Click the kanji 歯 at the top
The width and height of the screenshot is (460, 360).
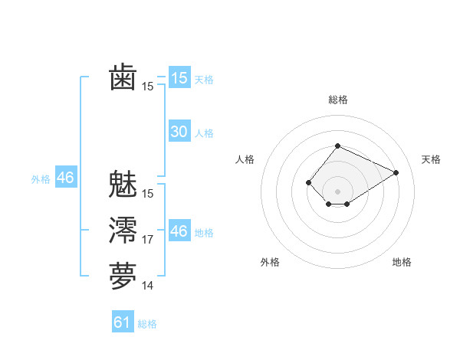(123, 78)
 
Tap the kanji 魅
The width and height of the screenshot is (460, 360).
(123, 185)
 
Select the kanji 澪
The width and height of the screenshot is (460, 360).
(123, 231)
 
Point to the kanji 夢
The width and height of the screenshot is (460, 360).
(123, 277)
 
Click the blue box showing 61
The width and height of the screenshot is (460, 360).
(122, 322)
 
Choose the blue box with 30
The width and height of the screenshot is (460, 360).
(179, 132)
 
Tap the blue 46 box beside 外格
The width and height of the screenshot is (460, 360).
(65, 178)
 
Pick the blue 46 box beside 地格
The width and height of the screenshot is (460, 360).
(179, 231)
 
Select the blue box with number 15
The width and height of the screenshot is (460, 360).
(179, 77)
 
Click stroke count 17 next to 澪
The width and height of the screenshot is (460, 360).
(148, 240)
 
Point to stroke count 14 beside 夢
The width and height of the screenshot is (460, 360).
(148, 286)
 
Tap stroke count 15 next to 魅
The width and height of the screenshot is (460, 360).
(148, 194)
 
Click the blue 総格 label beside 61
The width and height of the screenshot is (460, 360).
(147, 324)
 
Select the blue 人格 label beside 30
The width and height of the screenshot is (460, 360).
(204, 133)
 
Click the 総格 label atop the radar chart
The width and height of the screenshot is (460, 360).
(337, 100)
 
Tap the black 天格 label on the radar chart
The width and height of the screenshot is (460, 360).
(431, 159)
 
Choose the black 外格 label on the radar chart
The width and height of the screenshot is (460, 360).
(270, 262)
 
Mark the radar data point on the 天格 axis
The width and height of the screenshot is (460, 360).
(396, 172)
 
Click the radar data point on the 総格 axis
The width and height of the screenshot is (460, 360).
(337, 146)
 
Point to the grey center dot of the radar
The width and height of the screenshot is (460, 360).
(337, 191)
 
